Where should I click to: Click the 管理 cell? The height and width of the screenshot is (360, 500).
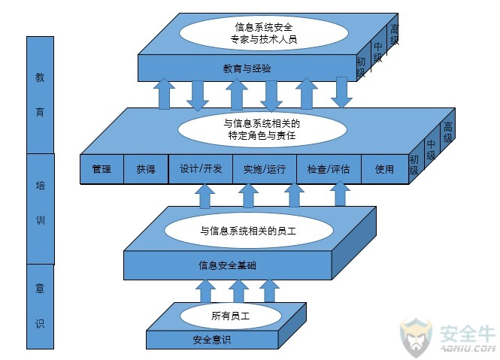pyautogui.click(x=102, y=169)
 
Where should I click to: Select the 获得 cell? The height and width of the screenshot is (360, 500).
pyautogui.click(x=146, y=169)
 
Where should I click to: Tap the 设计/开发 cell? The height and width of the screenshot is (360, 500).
pyautogui.click(x=201, y=169)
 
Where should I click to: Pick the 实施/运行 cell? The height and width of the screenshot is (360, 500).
pyautogui.click(x=265, y=169)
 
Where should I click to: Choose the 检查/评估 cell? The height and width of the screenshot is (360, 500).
pyautogui.click(x=329, y=169)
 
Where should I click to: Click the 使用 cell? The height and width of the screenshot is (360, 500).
pyautogui.click(x=384, y=169)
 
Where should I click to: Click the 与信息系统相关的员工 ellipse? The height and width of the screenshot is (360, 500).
pyautogui.click(x=248, y=231)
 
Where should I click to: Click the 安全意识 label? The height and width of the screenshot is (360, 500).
pyautogui.click(x=211, y=340)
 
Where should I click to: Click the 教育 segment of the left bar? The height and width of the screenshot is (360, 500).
pyautogui.click(x=40, y=94)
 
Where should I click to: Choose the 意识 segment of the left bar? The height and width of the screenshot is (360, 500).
pyautogui.click(x=40, y=306)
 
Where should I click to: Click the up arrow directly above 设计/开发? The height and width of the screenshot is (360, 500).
pyautogui.click(x=205, y=196)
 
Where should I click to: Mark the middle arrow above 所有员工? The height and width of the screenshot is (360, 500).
pyautogui.click(x=238, y=290)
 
